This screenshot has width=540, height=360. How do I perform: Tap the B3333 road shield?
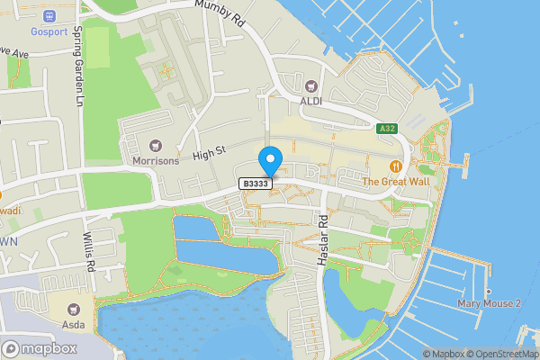pyautogui.click(x=256, y=184)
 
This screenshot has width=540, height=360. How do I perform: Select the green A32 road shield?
pyautogui.click(x=388, y=130)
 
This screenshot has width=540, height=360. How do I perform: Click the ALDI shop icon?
pyautogui.click(x=312, y=86)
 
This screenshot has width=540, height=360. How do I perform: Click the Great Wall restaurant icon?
pyautogui.click(x=395, y=166)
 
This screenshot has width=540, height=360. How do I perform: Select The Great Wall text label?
pyautogui.click(x=395, y=181)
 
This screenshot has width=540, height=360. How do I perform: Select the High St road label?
pyautogui.click(x=207, y=154)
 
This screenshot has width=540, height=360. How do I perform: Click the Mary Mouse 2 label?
pyautogui.click(x=489, y=304)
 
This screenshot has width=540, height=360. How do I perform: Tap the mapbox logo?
pyautogui.click(x=40, y=348)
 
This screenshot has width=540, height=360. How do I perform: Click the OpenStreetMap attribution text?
pyautogui.click(x=506, y=354)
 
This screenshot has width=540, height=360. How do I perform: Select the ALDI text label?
pyautogui.click(x=312, y=101)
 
